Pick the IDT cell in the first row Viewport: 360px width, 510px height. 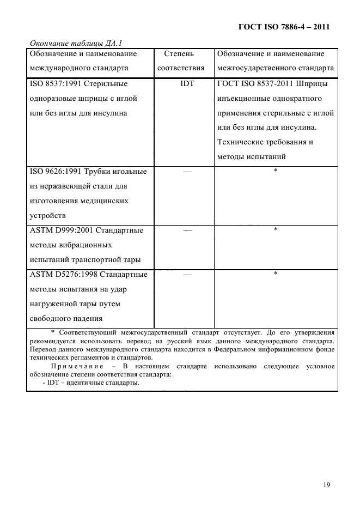pos(187,84)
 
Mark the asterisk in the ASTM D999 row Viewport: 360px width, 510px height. pos(276,230)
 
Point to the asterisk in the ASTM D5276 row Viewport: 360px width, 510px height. pos(276,274)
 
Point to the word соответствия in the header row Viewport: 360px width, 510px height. pos(181,69)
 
